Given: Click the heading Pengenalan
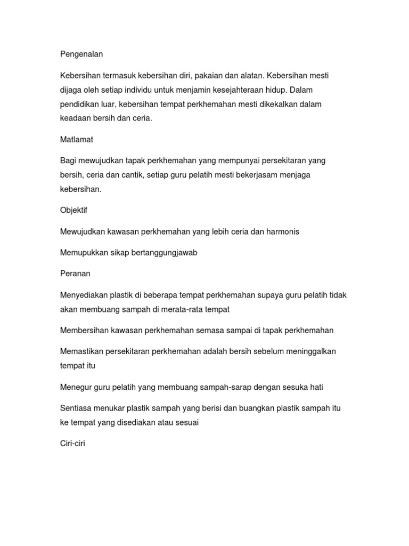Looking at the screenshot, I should pos(81,54).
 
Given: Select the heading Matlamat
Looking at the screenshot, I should pos(76,139).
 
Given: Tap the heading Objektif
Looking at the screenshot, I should pos(73,210).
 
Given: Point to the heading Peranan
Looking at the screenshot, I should pos(75,274).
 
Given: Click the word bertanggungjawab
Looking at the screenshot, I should pos(163,252).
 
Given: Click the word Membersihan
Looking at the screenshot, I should pos(85,330).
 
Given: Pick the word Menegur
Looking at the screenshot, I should pos(76,387).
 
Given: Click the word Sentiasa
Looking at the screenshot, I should pos(76,408).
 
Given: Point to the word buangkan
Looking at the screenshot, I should pos(258,408).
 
